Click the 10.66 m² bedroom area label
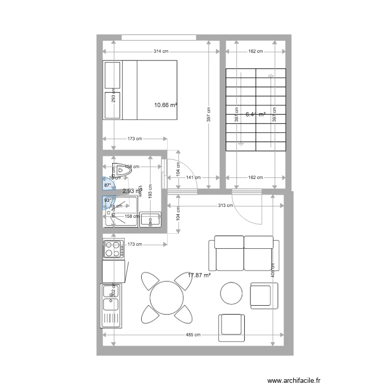[166, 105]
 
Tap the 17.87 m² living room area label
[199, 276]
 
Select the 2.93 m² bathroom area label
[130, 191]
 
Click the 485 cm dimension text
[193, 335]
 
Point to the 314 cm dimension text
[161, 51]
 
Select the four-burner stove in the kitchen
[114, 249]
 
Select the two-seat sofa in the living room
[244, 252]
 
